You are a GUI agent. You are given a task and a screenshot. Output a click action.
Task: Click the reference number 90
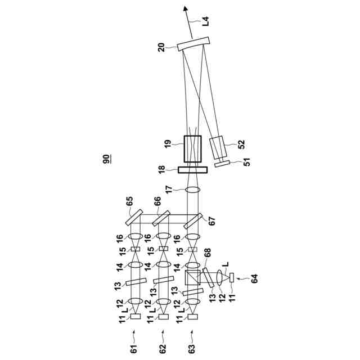pos(107,159)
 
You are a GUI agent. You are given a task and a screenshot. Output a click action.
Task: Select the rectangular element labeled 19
pos(192,148)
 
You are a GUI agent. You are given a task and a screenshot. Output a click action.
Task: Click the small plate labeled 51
pos(223,163)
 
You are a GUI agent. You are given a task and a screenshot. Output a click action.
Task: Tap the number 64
pos(254,278)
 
